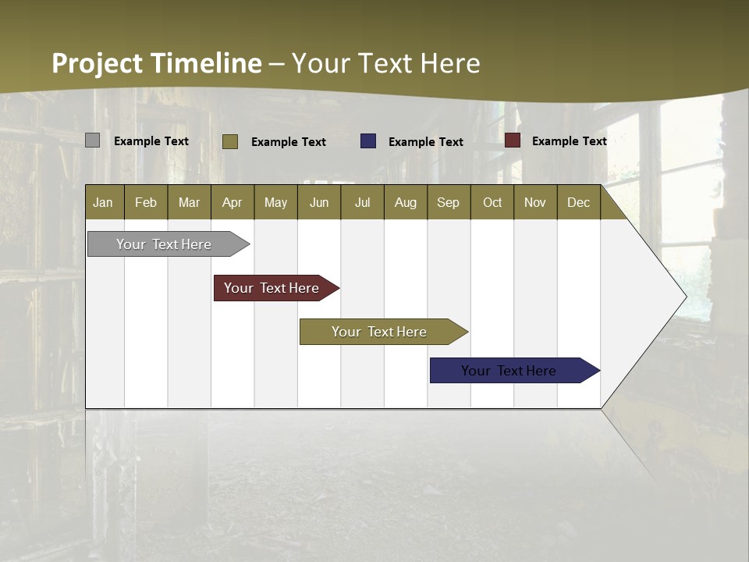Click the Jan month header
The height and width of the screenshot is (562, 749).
tap(103, 202)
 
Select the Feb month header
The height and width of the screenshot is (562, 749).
tap(146, 202)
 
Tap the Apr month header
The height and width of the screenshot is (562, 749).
tap(233, 202)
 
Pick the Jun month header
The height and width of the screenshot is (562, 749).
tap(319, 202)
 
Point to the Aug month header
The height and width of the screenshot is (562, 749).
tap(406, 202)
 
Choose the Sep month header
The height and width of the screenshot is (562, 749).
tap(449, 202)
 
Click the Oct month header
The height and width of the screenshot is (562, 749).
tap(492, 202)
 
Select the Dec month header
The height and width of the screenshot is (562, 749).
tap(579, 202)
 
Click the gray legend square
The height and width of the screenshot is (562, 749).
tap(93, 140)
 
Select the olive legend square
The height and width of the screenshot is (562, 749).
tap(230, 141)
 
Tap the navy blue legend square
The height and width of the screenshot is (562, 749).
tap(368, 141)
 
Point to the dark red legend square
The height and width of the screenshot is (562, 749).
tap(513, 140)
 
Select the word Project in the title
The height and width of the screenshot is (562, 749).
tap(98, 63)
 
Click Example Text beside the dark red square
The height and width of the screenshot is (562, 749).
tap(570, 141)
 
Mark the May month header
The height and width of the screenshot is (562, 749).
tap(275, 202)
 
